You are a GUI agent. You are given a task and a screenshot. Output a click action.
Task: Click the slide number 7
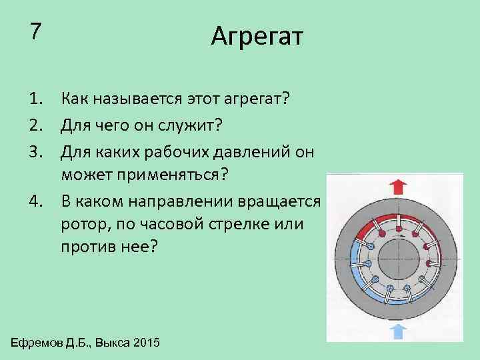[36, 31]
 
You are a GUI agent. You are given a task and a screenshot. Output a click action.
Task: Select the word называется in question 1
[128, 99]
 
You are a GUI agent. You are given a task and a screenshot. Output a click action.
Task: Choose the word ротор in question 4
[81, 225]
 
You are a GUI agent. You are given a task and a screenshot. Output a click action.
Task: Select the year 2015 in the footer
[147, 343]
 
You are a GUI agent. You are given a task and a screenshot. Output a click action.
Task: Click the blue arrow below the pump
[398, 331]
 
